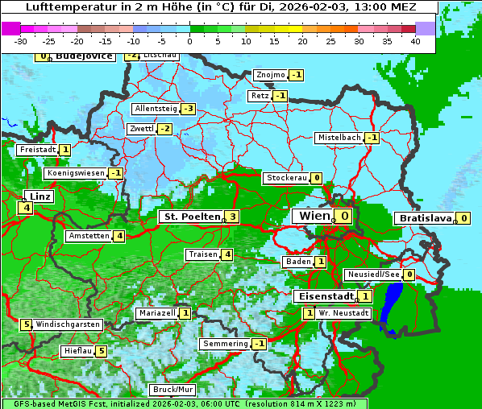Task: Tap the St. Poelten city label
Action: click(x=190, y=217)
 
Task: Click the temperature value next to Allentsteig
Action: click(x=189, y=109)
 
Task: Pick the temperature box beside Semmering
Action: click(x=259, y=344)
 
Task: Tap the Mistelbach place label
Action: click(x=339, y=138)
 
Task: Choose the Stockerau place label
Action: click(x=286, y=178)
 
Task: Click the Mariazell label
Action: click(x=156, y=313)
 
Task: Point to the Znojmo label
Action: click(x=270, y=75)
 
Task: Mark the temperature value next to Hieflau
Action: click(x=101, y=351)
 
